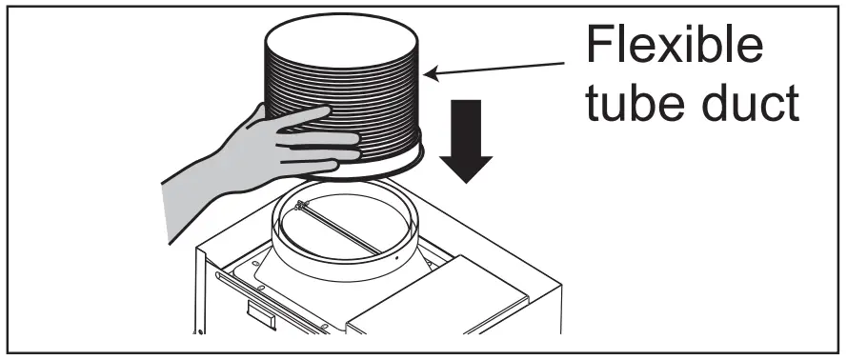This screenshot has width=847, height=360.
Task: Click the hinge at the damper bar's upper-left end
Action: coord(301,206)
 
